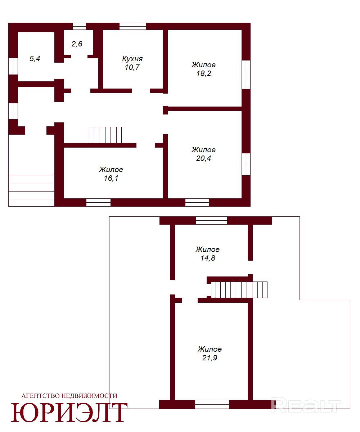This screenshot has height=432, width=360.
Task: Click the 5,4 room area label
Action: point(35,59)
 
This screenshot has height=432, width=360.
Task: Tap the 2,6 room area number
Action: point(77,44)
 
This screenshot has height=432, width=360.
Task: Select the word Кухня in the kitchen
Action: point(132,59)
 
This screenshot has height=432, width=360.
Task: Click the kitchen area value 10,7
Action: point(132,67)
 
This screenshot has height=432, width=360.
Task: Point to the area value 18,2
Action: point(204,73)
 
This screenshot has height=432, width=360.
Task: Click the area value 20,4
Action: point(204,158)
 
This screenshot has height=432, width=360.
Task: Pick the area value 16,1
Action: point(111,178)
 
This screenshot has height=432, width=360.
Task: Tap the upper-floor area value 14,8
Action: point(208,258)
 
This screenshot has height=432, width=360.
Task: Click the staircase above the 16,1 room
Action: point(105,135)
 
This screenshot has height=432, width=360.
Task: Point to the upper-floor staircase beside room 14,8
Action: point(239,290)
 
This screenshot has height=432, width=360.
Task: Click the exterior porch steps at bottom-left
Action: point(31,190)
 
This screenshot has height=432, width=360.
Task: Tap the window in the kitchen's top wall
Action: point(133,26)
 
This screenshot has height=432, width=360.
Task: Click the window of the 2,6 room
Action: point(79,26)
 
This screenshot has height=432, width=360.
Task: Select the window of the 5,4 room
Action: point(13,66)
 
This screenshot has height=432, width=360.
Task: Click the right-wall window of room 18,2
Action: point(246,75)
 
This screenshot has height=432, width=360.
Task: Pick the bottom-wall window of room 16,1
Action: point(98,202)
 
